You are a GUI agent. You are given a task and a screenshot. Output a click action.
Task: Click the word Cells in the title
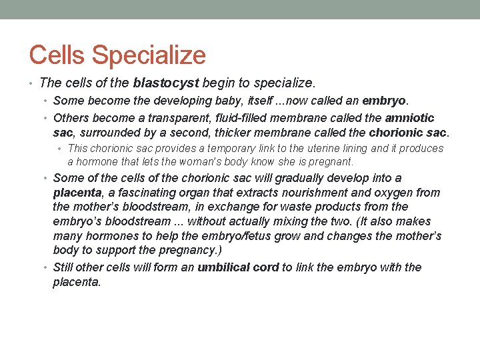(58, 55)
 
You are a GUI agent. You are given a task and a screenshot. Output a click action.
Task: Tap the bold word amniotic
(410, 118)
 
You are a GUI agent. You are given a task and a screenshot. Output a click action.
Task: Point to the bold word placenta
(77, 193)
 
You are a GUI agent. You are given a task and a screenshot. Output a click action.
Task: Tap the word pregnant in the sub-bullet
(331, 161)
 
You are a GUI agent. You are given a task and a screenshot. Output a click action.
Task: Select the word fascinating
(141, 193)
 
